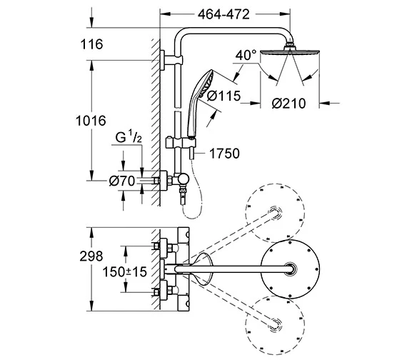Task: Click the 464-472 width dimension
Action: (223, 14)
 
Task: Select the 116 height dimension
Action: (91, 44)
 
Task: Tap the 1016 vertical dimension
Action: (91, 121)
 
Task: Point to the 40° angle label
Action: (246, 55)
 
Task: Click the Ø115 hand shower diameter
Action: (224, 96)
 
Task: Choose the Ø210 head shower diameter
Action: (288, 104)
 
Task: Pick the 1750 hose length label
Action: (224, 154)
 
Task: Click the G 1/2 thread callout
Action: (129, 137)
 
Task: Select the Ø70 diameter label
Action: (122, 181)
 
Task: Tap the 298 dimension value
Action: (91, 256)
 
